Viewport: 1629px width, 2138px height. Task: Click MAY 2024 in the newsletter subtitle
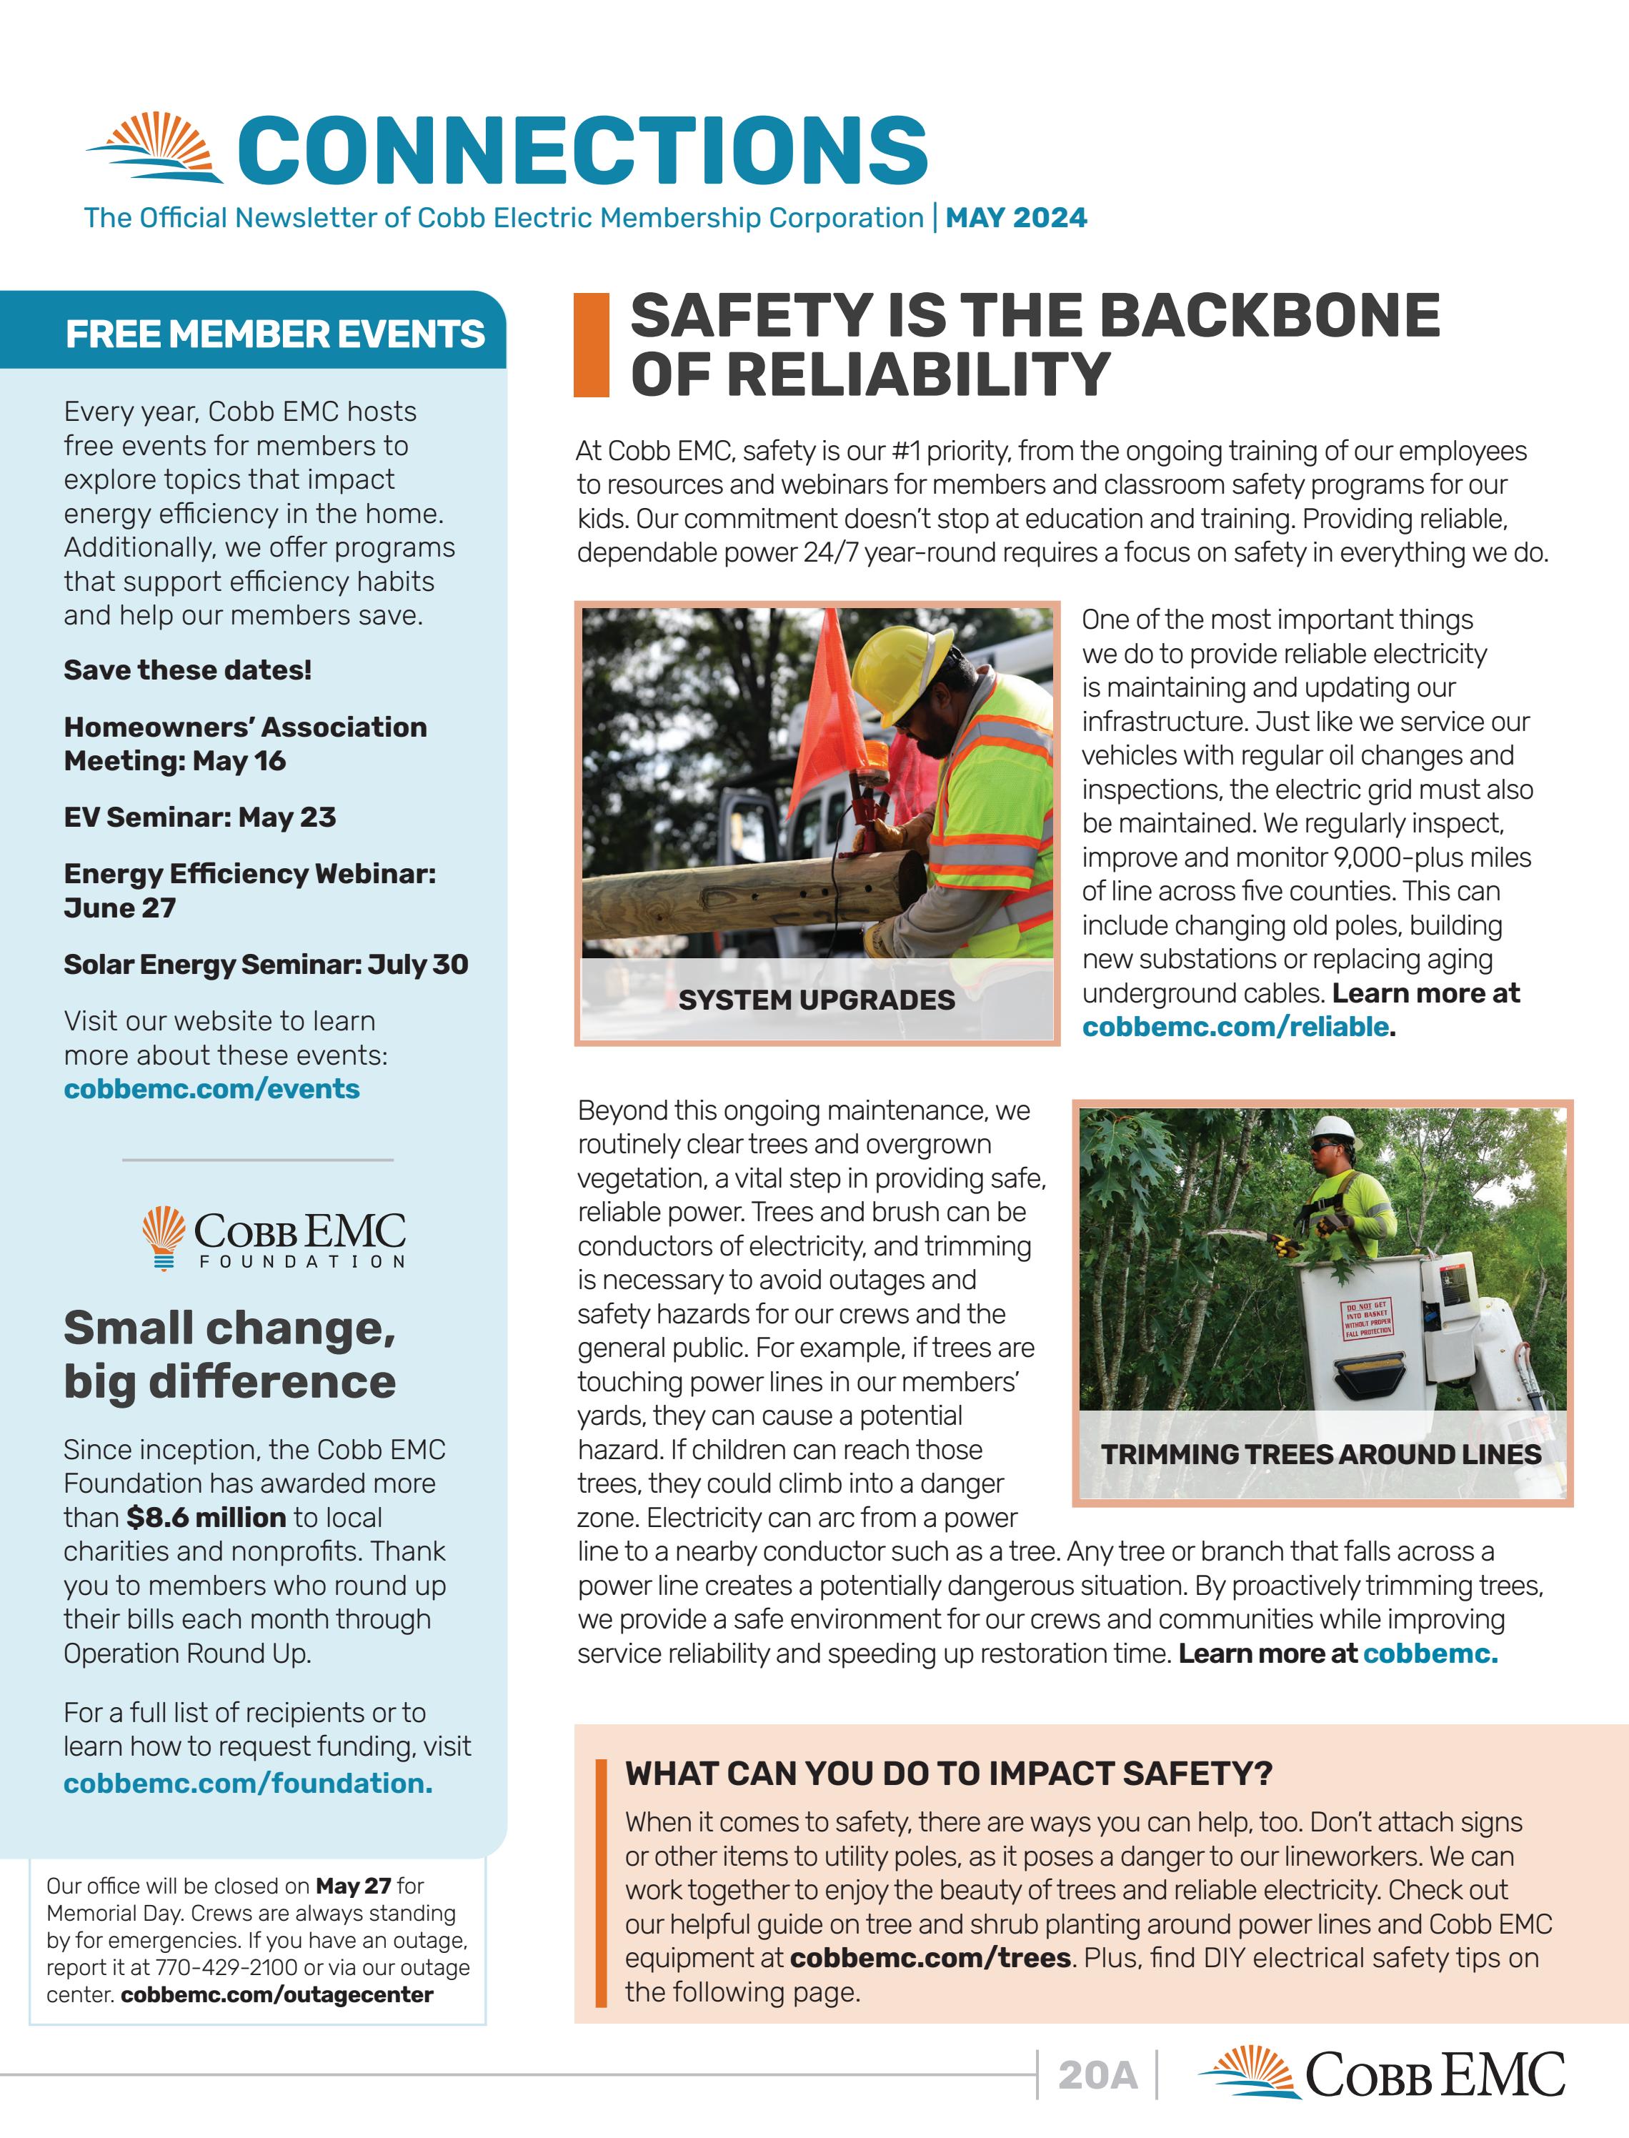pos(1015,217)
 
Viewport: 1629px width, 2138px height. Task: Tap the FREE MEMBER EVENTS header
pos(274,334)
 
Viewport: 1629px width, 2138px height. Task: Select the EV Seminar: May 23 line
pos(200,817)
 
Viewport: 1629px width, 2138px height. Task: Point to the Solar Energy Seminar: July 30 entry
pos(266,965)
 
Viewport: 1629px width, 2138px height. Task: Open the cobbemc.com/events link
pos(211,1089)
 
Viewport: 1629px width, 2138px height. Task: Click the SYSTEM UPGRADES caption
pos(817,1000)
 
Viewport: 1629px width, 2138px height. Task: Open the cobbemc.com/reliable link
pos(1235,1027)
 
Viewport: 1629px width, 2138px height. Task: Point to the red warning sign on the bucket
pos(1368,1321)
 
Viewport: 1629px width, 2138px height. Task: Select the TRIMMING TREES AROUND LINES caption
pos(1320,1454)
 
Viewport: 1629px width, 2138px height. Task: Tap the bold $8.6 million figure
pos(206,1518)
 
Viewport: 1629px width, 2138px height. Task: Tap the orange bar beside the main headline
pos(590,345)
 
